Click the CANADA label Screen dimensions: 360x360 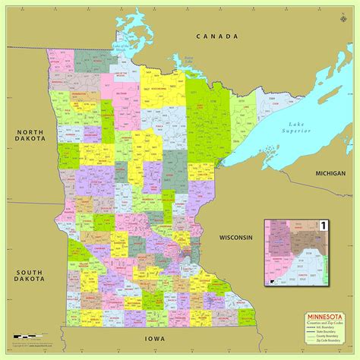click(216, 36)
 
